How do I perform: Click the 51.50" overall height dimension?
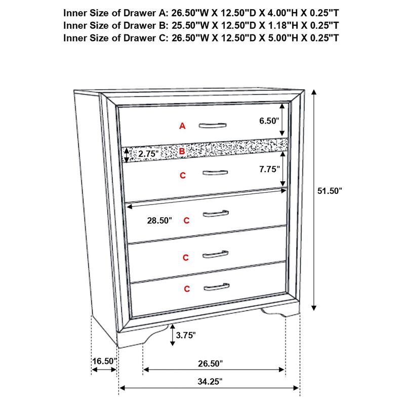330,191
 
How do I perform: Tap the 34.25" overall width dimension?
209,381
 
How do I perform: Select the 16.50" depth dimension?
104,361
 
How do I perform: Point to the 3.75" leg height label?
186,335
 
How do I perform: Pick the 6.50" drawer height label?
269,120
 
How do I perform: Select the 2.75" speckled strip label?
148,153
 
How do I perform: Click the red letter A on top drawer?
183,126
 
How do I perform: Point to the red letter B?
182,151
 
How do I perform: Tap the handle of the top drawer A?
212,125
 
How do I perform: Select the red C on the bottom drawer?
187,289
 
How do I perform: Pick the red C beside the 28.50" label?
186,221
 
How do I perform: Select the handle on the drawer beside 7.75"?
213,173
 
